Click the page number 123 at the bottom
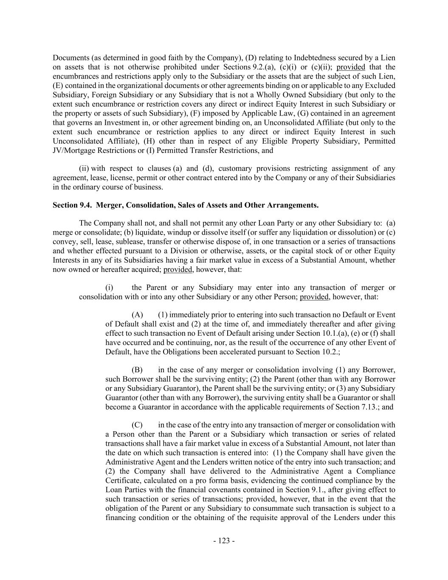click(x=224, y=541)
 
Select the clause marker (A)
click(x=137, y=315)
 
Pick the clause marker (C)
click(x=137, y=425)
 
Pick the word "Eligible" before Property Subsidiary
click(x=273, y=141)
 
